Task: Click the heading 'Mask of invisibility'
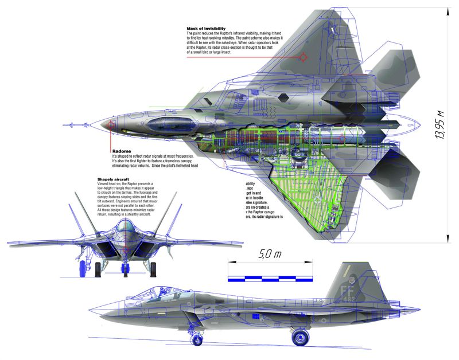(x=206, y=29)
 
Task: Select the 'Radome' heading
(x=122, y=151)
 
